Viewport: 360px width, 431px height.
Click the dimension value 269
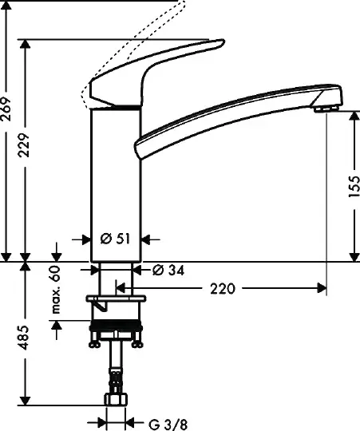click(6, 109)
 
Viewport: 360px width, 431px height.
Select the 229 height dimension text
click(24, 144)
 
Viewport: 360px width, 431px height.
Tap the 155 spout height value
click(354, 186)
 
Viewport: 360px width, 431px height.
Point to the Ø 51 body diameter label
click(115, 239)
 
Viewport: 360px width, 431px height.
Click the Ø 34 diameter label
click(168, 271)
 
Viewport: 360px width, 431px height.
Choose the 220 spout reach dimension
click(223, 289)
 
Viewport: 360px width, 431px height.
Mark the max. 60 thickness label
click(56, 290)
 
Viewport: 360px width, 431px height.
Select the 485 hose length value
click(24, 338)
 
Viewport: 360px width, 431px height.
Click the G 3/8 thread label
click(168, 425)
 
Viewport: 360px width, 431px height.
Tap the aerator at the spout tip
click(326, 109)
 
